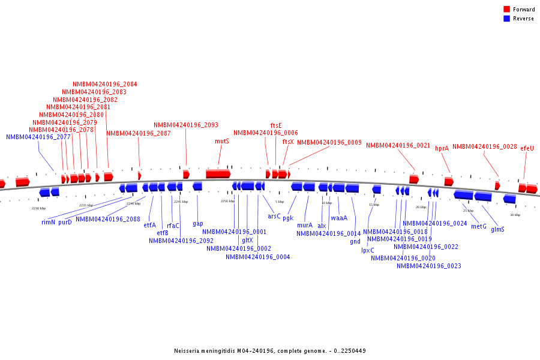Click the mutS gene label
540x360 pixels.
pyautogui.click(x=222, y=142)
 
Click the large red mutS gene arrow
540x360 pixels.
pyautogui.click(x=218, y=173)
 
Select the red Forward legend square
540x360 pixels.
pyautogui.click(x=506, y=9)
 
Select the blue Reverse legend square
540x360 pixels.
pyautogui.click(x=506, y=19)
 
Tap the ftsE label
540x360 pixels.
pyautogui.click(x=276, y=125)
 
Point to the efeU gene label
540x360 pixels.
pyautogui.click(x=527, y=148)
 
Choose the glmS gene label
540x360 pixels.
pyautogui.click(x=497, y=229)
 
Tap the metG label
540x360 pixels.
pyautogui.click(x=479, y=226)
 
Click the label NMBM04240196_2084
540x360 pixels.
pyautogui.click(x=104, y=84)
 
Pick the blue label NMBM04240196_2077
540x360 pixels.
pyautogui.click(x=38, y=137)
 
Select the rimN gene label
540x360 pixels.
pyautogui.click(x=48, y=222)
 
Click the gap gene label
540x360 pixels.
pyautogui.click(x=197, y=223)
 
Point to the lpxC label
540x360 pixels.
pyautogui.click(x=367, y=250)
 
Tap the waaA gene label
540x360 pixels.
pyautogui.click(x=339, y=218)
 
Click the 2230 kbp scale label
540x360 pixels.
pyautogui.click(x=38, y=208)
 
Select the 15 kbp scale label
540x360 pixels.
pyautogui.click(x=374, y=205)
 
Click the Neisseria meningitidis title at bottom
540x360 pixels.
pyautogui.click(x=269, y=351)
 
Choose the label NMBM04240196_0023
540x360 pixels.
pyautogui.click(x=428, y=266)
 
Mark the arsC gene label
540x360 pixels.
pyautogui.click(x=274, y=216)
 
